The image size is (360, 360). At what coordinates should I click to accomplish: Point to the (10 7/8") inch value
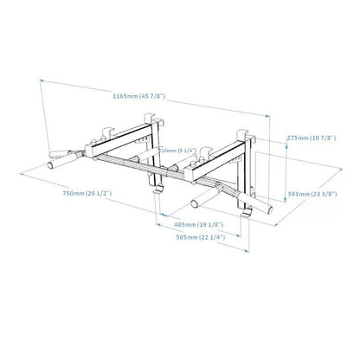322,136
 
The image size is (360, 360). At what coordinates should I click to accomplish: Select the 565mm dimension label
186,235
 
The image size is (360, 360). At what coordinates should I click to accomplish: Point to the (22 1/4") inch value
214,235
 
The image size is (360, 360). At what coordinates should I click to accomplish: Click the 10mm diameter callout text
177,150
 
